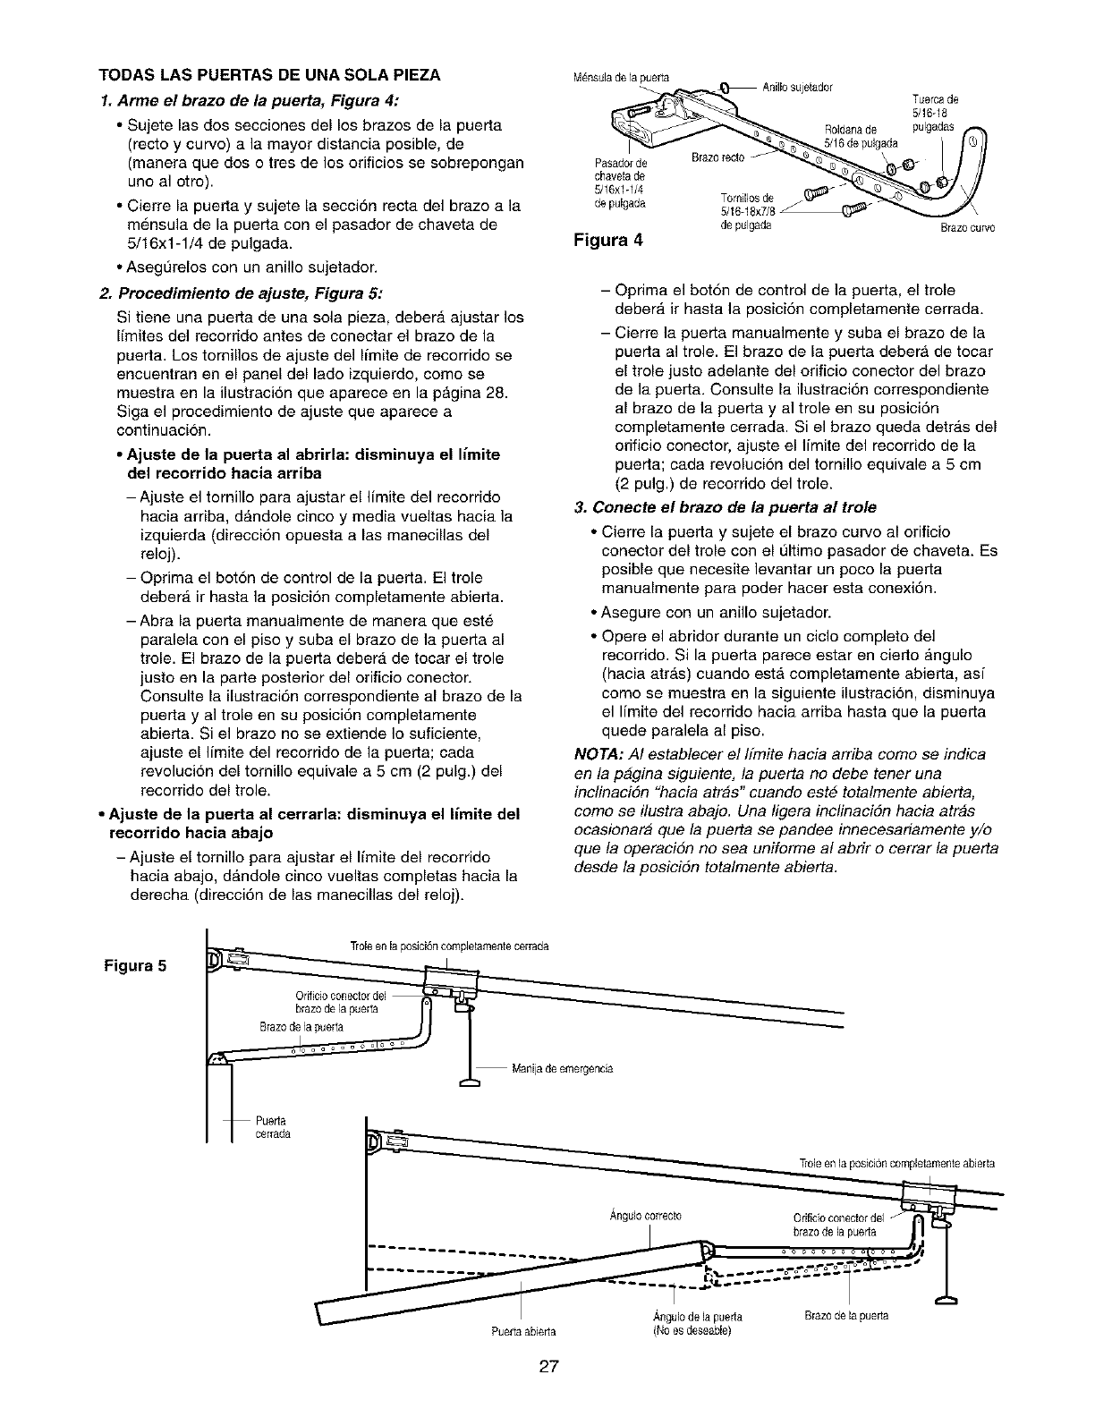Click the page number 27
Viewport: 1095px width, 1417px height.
click(x=548, y=1365)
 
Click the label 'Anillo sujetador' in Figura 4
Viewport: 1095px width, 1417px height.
click(x=797, y=87)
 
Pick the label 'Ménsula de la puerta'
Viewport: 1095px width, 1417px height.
click(x=617, y=74)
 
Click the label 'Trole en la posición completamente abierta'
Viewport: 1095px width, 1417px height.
click(x=896, y=1163)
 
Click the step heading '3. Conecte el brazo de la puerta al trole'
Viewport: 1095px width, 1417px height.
click(x=726, y=507)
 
